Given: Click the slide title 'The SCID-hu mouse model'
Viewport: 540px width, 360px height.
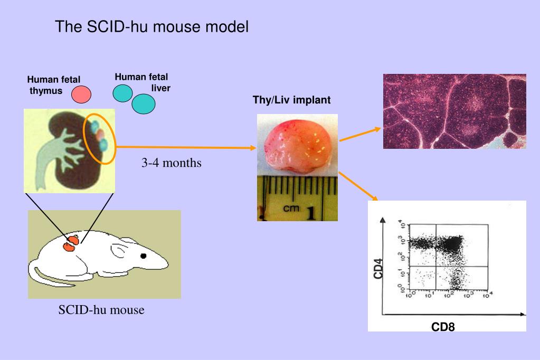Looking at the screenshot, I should click(x=151, y=27).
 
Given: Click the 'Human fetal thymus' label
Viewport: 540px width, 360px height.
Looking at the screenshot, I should click(x=53, y=85).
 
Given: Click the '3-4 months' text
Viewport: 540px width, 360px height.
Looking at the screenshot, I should click(x=171, y=163).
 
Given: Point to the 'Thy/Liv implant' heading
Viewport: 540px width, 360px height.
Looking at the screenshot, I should click(x=291, y=100).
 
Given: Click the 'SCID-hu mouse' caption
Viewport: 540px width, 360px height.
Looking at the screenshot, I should click(x=101, y=310).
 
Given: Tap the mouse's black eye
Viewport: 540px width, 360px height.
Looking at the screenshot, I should click(x=143, y=257).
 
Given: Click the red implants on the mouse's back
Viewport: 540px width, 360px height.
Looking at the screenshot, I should click(x=71, y=243).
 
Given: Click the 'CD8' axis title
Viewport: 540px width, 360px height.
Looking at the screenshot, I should click(x=442, y=327).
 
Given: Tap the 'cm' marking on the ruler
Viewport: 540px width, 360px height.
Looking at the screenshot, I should click(x=291, y=209).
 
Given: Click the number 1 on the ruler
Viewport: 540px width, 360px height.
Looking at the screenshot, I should click(x=311, y=212).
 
